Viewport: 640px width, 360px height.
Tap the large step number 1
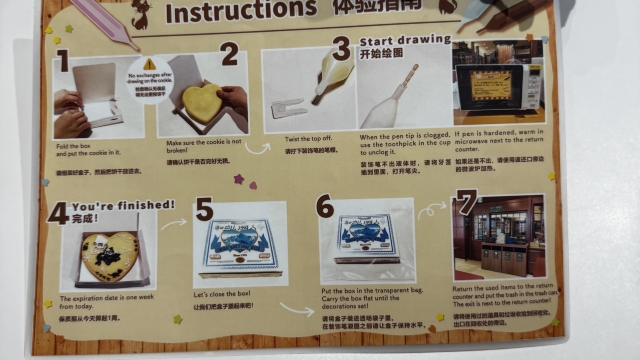point(62,62)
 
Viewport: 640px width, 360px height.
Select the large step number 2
point(229,54)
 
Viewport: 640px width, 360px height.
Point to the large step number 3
point(342,48)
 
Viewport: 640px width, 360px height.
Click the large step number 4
point(57,212)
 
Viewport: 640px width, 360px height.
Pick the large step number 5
point(204,209)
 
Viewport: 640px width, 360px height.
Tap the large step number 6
point(324,206)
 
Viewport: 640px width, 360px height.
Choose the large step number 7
point(465,202)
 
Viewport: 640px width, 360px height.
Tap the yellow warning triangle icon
point(150,63)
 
